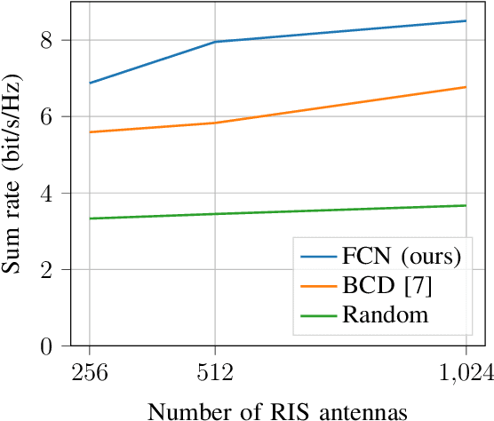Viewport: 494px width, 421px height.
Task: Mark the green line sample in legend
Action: (x=319, y=314)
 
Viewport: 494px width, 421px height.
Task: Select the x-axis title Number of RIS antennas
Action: (x=277, y=409)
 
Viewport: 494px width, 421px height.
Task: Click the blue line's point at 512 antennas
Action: (x=215, y=42)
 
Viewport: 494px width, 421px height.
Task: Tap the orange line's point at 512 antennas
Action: (x=215, y=123)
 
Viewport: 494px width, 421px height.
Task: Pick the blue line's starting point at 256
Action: (x=89, y=83)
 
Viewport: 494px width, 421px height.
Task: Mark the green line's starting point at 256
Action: (x=89, y=218)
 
